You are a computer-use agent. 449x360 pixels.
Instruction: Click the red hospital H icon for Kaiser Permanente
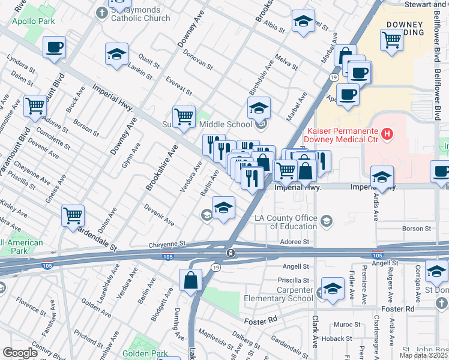pyautogui.click(x=387, y=134)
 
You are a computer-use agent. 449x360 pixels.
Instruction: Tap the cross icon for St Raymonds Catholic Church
pyautogui.click(x=103, y=11)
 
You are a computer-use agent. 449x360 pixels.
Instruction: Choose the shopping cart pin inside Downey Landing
pyautogui.click(x=391, y=40)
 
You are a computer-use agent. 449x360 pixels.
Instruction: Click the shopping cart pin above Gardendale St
pyautogui.click(x=73, y=215)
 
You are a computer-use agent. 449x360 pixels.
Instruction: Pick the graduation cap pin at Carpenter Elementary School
pyautogui.click(x=332, y=289)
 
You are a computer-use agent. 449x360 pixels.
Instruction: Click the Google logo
pyautogui.click(x=19, y=353)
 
